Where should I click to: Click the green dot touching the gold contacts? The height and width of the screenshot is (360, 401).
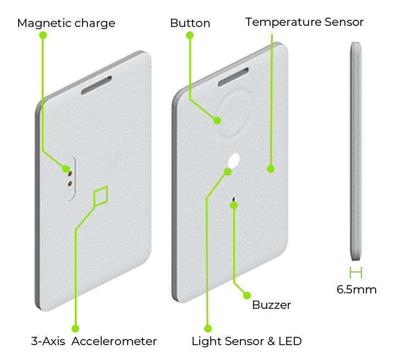pos(66,168)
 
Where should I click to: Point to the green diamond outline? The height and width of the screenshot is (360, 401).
pos(100,196)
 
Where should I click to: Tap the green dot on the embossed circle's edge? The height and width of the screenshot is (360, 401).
pos(217,120)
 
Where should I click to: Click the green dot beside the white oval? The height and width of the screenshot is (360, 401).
pos(227,172)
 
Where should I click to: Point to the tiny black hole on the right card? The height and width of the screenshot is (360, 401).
pos(234,197)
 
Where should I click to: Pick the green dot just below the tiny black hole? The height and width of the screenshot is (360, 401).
pos(234,205)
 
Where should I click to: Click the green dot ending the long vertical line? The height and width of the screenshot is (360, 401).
pos(270,169)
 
